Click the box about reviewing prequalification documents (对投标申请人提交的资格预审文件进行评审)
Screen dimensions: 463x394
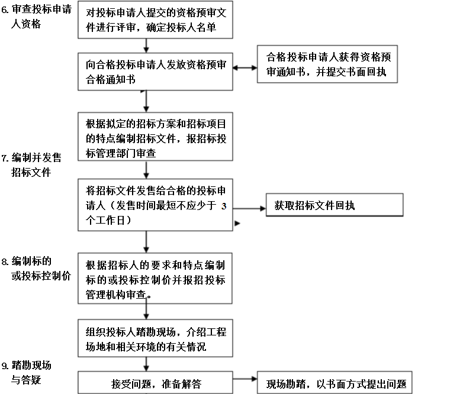coord(155,20)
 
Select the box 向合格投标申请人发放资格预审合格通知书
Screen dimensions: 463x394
coord(155,72)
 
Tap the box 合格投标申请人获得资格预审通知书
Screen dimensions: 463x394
coord(327,64)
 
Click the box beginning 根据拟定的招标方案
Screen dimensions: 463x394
coord(155,137)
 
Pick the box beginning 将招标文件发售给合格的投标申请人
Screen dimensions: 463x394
coord(155,205)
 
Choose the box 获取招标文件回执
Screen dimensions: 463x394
coord(335,205)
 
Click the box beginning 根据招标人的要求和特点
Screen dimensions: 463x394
coord(155,278)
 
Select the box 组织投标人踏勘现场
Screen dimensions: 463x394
coord(155,338)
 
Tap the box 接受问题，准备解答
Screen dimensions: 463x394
coord(155,383)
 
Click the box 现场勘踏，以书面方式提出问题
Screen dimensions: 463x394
coord(335,383)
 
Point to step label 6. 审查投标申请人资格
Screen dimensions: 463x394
coord(36,17)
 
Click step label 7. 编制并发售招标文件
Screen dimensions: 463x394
coord(31,165)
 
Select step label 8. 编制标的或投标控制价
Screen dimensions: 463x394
coord(36,269)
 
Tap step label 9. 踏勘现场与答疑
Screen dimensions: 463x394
coord(26,373)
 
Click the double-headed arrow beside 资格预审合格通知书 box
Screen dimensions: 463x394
coord(245,68)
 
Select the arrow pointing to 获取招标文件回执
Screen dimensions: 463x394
coord(249,209)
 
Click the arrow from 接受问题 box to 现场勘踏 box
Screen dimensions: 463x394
coord(245,379)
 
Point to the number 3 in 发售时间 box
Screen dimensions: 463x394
coord(224,206)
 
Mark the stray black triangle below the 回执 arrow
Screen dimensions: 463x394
coord(237,224)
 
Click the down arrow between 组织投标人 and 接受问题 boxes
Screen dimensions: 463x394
coord(146,364)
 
